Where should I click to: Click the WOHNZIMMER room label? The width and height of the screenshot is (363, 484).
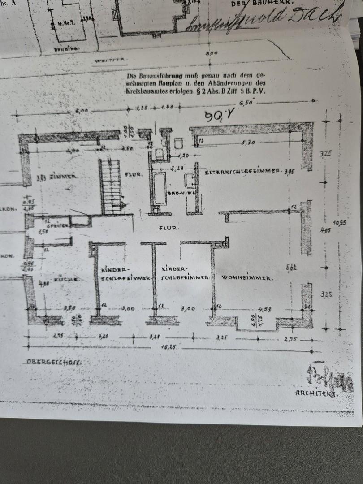246,278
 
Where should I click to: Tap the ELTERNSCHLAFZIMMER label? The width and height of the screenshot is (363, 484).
242,172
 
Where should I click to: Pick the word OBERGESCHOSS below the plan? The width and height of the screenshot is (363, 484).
54,361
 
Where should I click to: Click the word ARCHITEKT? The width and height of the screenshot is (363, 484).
316,393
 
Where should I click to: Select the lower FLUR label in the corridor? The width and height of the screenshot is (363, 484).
169,228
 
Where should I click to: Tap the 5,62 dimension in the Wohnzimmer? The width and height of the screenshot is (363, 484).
291,268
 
